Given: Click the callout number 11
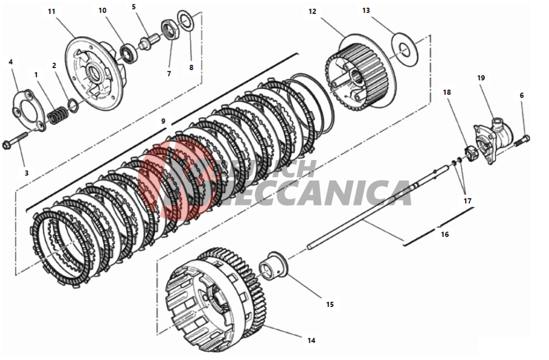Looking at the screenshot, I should pos(51,12).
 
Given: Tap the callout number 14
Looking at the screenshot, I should pos(311,340).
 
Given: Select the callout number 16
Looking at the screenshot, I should pos(444,234).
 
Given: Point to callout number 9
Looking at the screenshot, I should pos(163,121).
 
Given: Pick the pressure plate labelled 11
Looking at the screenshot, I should pos(91,69).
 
